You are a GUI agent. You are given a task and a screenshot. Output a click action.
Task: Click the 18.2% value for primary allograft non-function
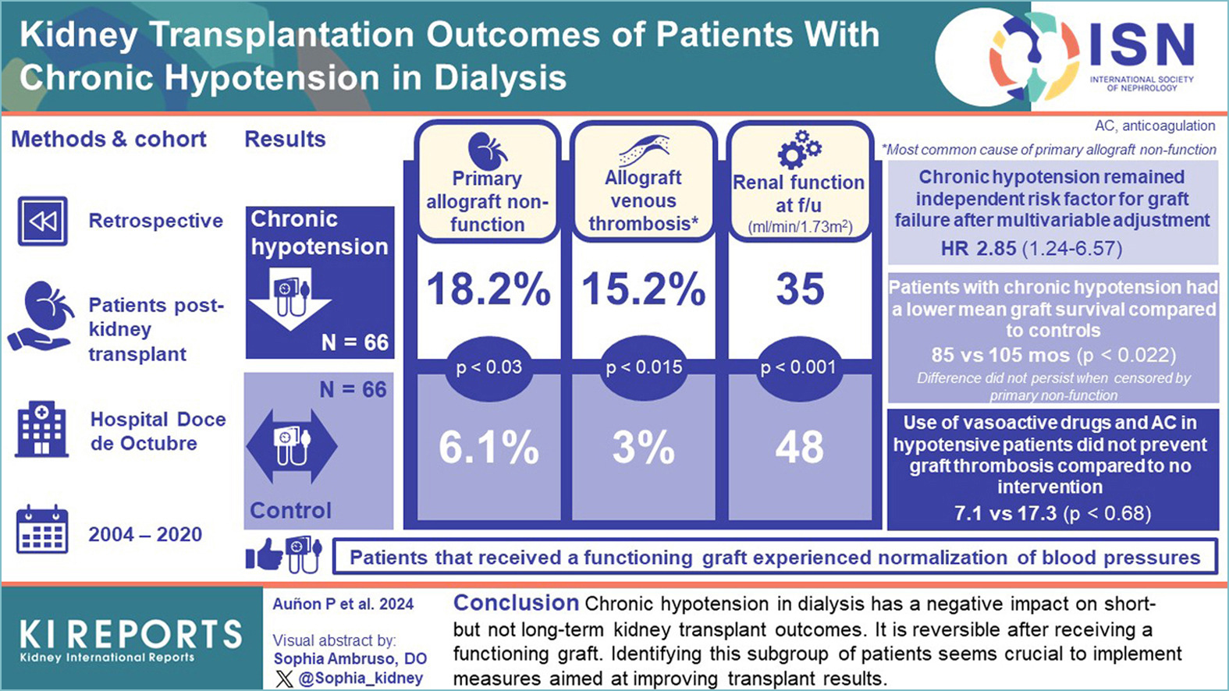(x=488, y=289)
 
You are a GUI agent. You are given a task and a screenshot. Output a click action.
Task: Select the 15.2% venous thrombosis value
(x=644, y=289)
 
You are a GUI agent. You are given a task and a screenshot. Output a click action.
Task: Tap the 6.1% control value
(x=488, y=448)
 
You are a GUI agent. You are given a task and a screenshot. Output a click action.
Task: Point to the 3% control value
(x=643, y=448)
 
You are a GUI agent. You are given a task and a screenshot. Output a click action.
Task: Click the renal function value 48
(x=799, y=448)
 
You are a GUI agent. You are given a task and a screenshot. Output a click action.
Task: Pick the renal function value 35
(x=800, y=289)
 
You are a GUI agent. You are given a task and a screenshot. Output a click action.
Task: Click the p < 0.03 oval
(x=488, y=367)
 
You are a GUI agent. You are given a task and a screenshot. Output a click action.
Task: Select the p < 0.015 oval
(x=644, y=367)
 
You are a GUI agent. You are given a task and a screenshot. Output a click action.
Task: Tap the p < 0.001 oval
(x=798, y=367)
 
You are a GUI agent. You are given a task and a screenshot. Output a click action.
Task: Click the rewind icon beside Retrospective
(x=42, y=221)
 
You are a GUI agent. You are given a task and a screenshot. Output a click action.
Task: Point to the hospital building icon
(x=42, y=430)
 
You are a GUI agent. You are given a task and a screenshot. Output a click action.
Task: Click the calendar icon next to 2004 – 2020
(x=42, y=530)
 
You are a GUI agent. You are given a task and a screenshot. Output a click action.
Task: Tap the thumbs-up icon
(x=264, y=555)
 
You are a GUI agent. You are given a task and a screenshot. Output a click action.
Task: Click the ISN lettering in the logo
(x=1141, y=45)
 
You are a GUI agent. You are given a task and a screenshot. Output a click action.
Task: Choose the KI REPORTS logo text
(x=130, y=635)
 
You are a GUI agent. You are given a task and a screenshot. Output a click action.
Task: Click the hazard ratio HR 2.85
(x=979, y=249)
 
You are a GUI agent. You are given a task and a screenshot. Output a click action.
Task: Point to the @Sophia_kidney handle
(x=360, y=679)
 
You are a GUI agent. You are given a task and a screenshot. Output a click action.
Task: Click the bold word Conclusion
(x=516, y=603)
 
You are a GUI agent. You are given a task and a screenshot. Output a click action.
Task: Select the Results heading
(x=285, y=139)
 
